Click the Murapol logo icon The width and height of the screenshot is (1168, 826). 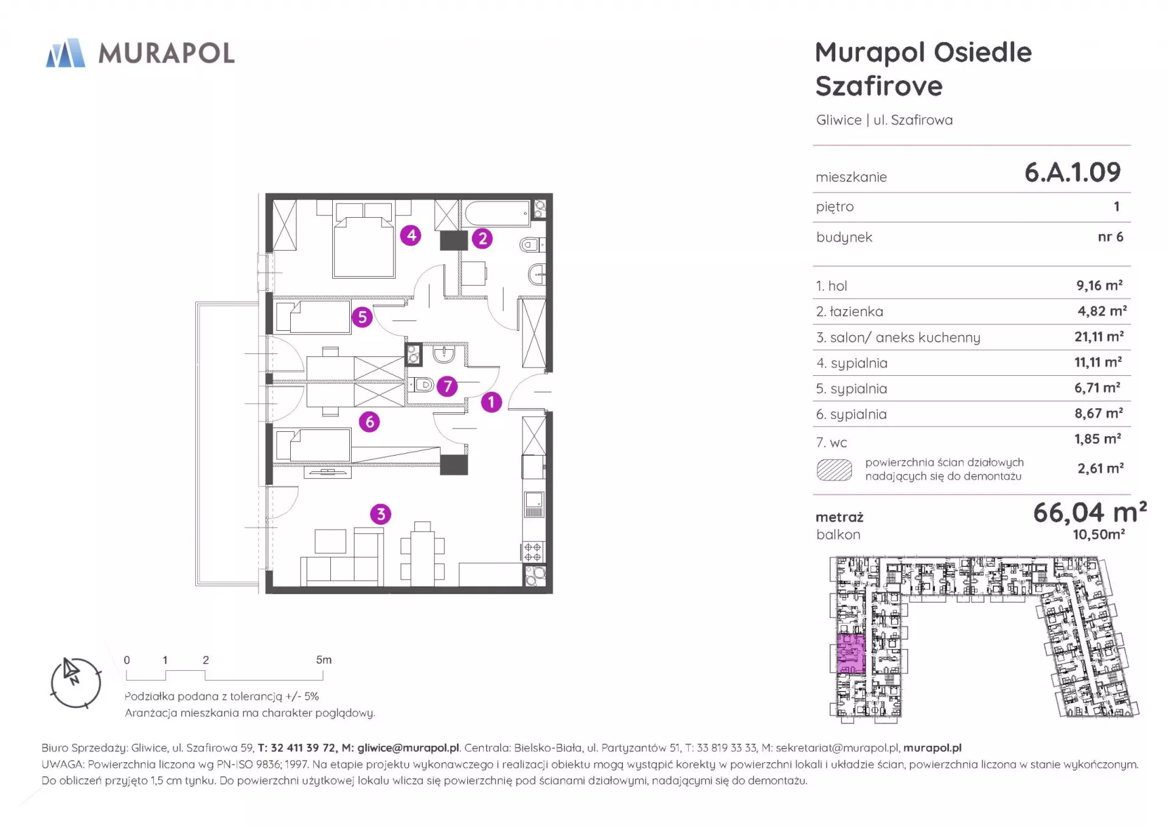[x=66, y=53]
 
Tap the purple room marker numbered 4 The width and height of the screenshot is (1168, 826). [x=411, y=235]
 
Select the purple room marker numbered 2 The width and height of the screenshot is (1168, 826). [x=482, y=238]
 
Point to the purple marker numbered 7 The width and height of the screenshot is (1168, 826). [x=447, y=386]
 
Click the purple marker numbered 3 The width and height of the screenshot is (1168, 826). [x=381, y=514]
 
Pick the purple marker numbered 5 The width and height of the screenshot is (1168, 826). [x=362, y=317]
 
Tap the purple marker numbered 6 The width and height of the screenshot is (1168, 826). [x=369, y=422]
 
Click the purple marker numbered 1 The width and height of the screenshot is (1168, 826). [x=492, y=402]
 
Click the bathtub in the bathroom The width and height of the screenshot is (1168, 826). [x=497, y=213]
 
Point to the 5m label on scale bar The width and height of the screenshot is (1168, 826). [x=324, y=660]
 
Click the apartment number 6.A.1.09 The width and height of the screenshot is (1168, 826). [x=1072, y=172]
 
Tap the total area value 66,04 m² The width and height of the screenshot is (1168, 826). [x=1090, y=512]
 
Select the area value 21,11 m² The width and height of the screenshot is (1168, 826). [x=1099, y=336]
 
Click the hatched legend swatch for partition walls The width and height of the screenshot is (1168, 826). [x=834, y=470]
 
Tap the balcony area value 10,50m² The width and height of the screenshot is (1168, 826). [x=1099, y=535]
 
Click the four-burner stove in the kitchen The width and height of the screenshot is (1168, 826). [x=534, y=552]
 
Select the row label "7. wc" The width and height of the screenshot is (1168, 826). [x=832, y=443]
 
